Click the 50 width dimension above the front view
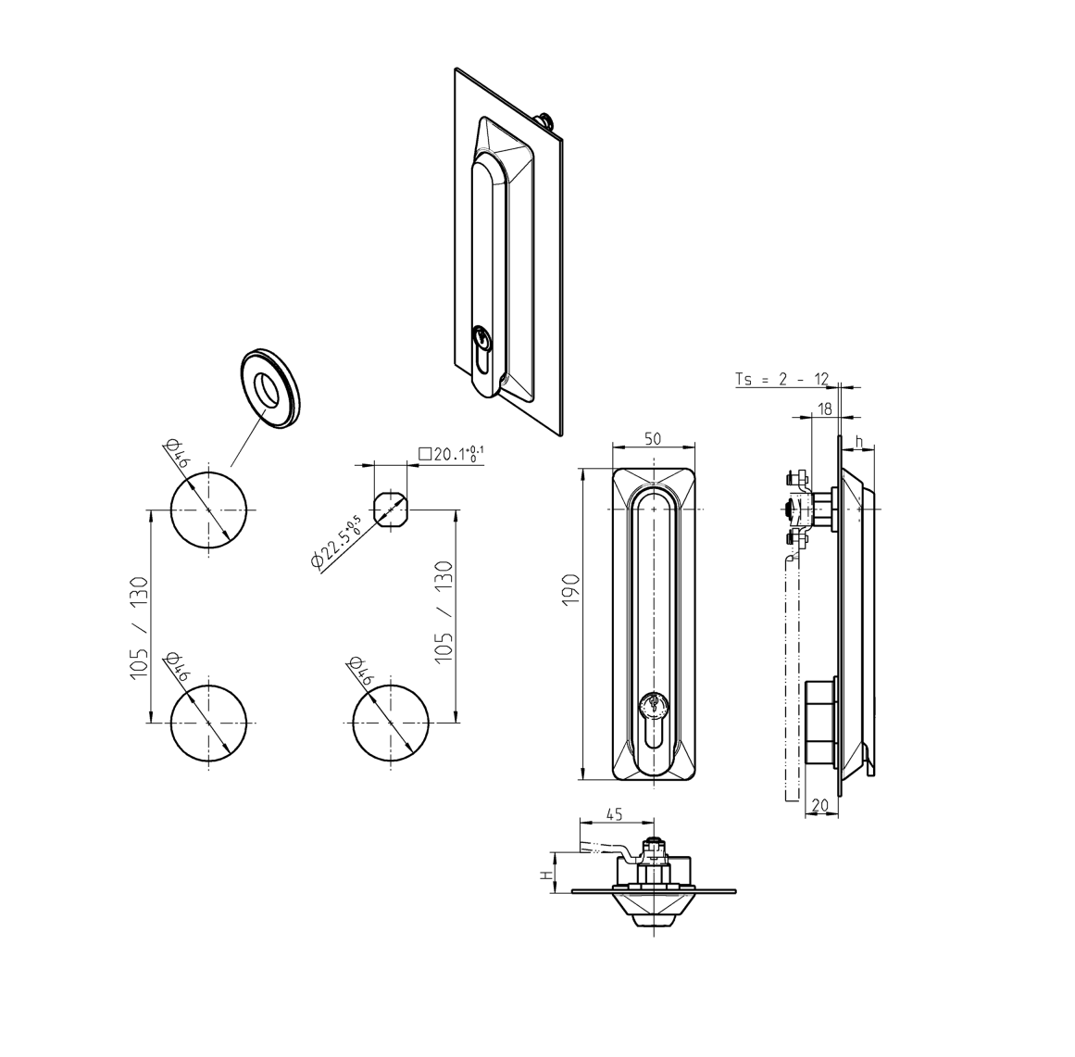(x=653, y=438)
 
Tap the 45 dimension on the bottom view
(x=612, y=814)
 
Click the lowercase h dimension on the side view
(x=860, y=441)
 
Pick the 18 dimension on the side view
(x=824, y=408)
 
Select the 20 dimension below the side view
(x=819, y=806)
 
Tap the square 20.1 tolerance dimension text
(x=451, y=454)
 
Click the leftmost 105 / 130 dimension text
(x=138, y=627)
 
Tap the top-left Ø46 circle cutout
(x=209, y=510)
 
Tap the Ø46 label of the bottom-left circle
(x=176, y=668)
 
